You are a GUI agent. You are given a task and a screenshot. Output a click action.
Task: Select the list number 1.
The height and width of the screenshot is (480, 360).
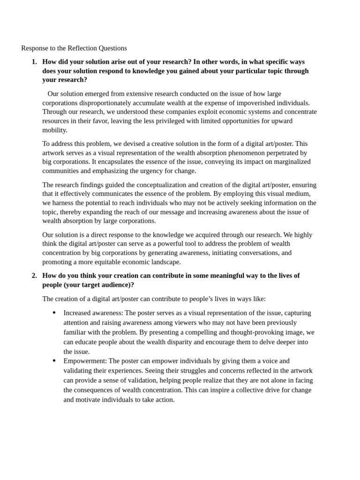[x=34, y=62]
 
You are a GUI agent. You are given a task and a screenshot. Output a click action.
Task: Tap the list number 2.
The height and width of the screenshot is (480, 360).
[x=34, y=276]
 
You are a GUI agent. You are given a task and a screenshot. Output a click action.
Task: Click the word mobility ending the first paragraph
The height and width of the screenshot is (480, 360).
[x=55, y=130]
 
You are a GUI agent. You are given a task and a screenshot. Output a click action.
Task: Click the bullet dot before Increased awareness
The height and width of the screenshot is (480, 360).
[x=54, y=313]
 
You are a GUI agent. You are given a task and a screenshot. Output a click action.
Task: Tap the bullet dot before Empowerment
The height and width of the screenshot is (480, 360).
[x=54, y=361]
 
